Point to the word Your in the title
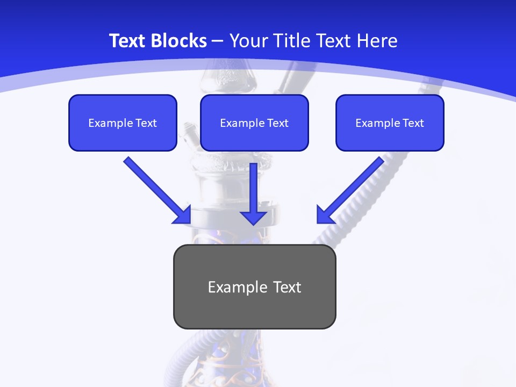coord(246,41)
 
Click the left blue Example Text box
coord(123,123)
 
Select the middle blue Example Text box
coord(254,123)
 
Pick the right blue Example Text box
coord(390,123)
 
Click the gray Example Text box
coord(254,286)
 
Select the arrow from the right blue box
coord(352,188)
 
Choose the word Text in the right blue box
coord(413,123)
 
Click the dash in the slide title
coord(218,41)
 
